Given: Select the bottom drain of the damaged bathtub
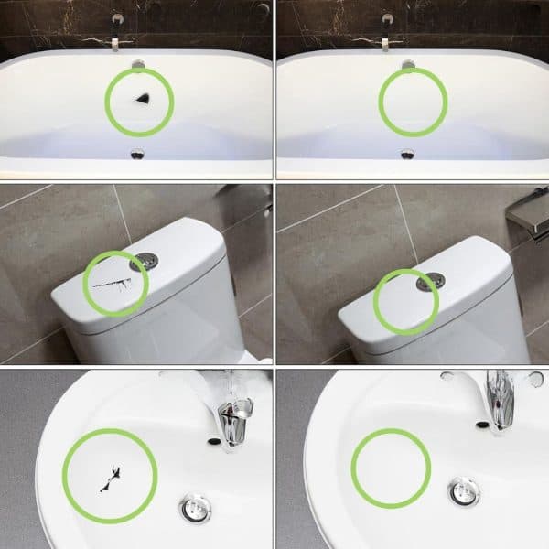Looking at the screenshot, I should pos(138,155).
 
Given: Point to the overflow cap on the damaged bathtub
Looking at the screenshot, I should pos(138,63).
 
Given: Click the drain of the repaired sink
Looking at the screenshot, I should pos(465,490).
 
